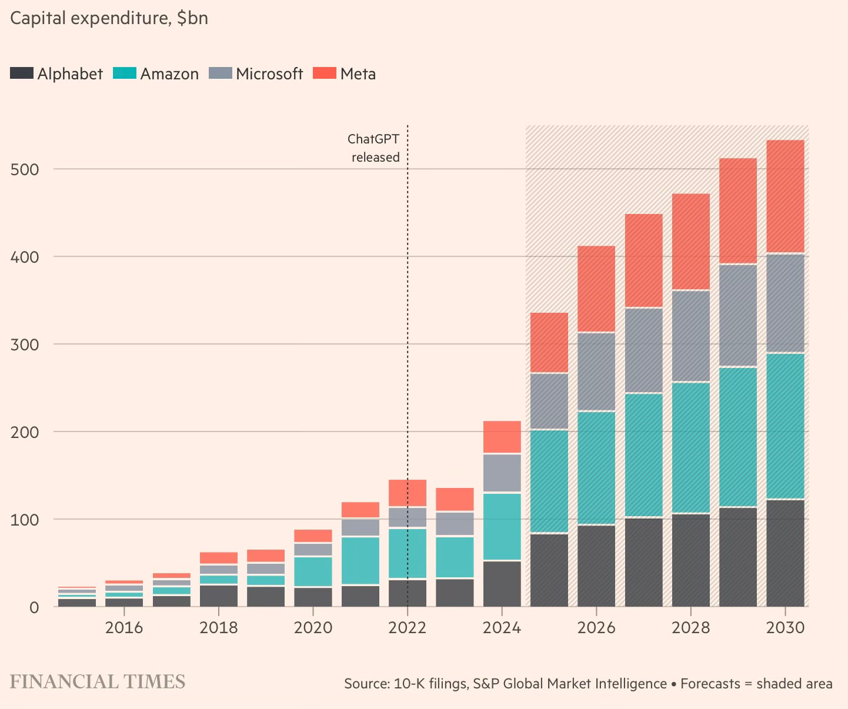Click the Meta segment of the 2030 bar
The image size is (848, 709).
(x=785, y=196)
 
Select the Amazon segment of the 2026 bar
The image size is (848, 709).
(x=596, y=468)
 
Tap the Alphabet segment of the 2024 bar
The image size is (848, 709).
(x=502, y=583)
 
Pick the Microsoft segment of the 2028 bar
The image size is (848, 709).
(x=690, y=336)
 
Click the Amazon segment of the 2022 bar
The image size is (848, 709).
(x=408, y=553)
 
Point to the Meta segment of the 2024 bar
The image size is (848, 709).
(x=502, y=437)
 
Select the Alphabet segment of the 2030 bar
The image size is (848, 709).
(x=785, y=553)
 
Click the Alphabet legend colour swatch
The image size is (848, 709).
(x=22, y=73)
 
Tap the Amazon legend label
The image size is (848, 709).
(x=169, y=74)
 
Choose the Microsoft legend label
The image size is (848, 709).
(x=269, y=74)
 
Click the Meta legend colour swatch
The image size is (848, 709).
(x=324, y=73)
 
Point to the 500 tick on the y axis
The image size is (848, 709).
(x=25, y=169)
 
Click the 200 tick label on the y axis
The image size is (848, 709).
(x=25, y=432)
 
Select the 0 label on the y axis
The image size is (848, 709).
(x=33, y=607)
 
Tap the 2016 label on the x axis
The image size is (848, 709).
(x=124, y=628)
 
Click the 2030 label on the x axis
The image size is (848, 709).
(x=785, y=628)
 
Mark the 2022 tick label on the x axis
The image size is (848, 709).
(x=408, y=628)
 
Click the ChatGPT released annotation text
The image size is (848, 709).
(x=374, y=148)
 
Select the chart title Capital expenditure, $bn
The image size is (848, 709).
(x=109, y=18)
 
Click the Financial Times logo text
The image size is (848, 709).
(x=98, y=682)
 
